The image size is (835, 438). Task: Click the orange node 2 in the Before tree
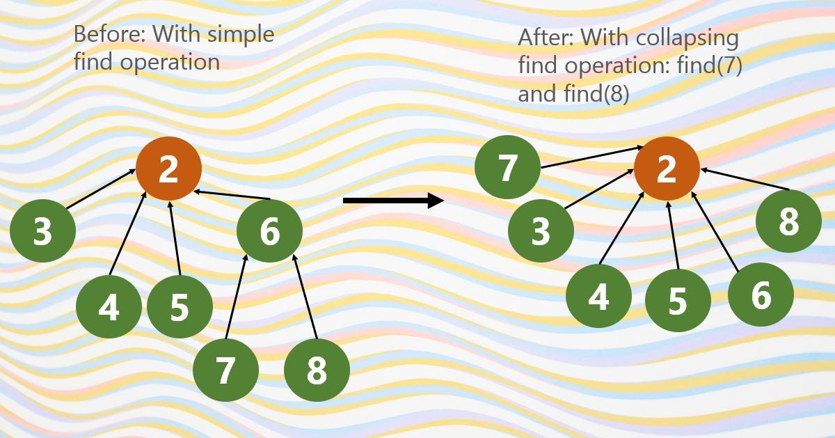(168, 169)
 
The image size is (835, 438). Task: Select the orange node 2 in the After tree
(667, 169)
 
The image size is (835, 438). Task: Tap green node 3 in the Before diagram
(43, 230)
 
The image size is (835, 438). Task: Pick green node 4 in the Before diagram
(109, 307)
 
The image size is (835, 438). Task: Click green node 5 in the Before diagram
(180, 307)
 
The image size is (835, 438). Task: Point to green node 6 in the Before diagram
(270, 230)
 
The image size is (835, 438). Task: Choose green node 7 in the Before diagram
(225, 370)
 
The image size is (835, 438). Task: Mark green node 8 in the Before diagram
(317, 370)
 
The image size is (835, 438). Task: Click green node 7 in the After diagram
(507, 168)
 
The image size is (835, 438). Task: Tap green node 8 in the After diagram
(788, 222)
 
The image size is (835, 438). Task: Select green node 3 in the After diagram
(541, 230)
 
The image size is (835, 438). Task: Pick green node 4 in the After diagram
(598, 296)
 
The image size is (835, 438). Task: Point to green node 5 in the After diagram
(678, 300)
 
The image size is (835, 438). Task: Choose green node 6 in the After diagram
(761, 295)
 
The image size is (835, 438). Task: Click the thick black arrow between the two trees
(393, 201)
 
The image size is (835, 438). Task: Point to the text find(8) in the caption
(596, 93)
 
